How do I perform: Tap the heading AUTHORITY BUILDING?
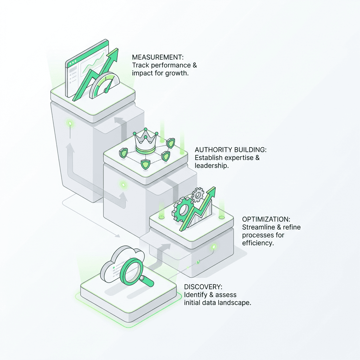click(x=231, y=150)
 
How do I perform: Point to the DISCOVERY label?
click(x=203, y=287)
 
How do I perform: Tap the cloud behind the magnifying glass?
click(x=118, y=265)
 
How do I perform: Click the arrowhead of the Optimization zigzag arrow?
click(x=211, y=193)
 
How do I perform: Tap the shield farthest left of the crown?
click(x=123, y=152)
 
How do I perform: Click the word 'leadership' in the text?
click(x=212, y=165)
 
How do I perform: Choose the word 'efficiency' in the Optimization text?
click(x=257, y=243)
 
